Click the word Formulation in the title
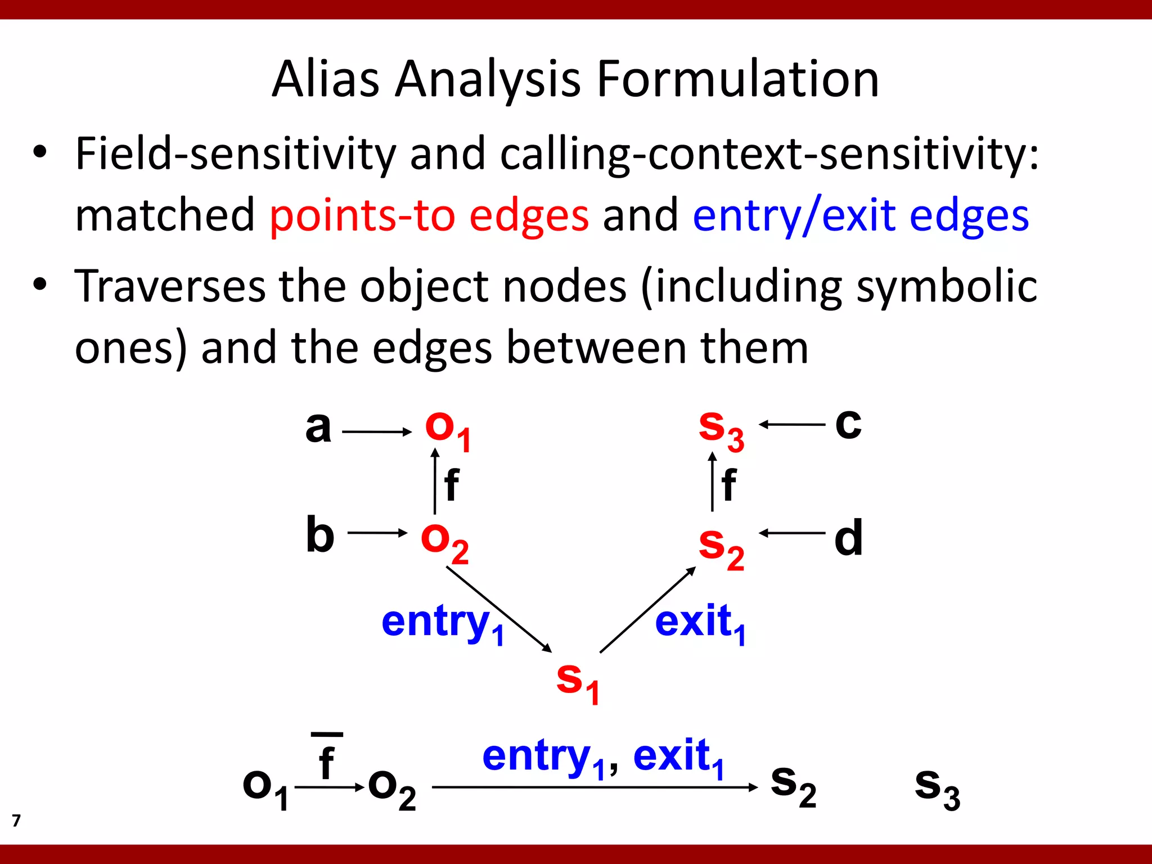tap(737, 79)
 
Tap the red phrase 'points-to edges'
tap(429, 215)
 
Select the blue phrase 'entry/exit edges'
tap(861, 215)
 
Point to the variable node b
tap(320, 534)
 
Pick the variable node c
tap(848, 423)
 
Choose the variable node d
tap(848, 538)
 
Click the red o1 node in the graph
tap(448, 430)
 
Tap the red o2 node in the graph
tap(444, 542)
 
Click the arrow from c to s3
tap(792, 425)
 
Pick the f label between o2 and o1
tap(451, 485)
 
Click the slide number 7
tap(16, 821)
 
